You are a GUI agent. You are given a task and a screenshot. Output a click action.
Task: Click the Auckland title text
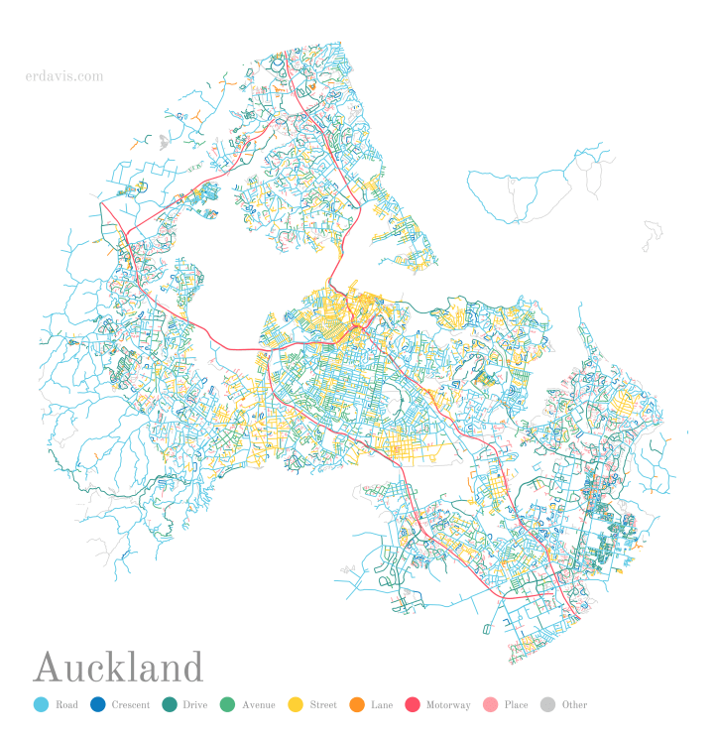click(118, 668)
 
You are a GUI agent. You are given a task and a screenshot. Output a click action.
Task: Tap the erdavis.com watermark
click(64, 75)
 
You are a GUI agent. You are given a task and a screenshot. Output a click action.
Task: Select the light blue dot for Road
click(41, 705)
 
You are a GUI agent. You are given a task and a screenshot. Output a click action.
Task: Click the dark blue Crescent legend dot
click(97, 705)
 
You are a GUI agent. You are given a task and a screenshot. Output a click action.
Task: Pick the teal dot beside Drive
click(169, 705)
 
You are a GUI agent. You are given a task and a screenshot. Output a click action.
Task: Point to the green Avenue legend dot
click(227, 705)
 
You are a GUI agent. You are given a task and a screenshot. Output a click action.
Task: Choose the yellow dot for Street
click(295, 705)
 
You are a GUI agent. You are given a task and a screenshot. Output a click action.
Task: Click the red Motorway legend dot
click(412, 705)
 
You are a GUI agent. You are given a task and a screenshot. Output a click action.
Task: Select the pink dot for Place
click(489, 705)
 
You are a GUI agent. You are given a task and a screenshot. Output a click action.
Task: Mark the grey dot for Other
click(547, 705)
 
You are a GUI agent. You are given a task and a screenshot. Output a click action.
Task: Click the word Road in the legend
click(66, 705)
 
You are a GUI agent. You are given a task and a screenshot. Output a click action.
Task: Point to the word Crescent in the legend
click(131, 705)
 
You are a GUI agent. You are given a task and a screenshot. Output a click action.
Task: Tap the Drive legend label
click(194, 705)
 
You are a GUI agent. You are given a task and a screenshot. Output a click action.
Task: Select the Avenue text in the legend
click(258, 705)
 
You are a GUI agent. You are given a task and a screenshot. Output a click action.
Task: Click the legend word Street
click(322, 705)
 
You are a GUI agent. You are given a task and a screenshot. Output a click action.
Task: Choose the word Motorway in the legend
click(448, 705)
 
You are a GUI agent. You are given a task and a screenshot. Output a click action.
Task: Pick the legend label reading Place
click(516, 705)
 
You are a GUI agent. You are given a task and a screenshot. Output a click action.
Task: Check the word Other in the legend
click(574, 705)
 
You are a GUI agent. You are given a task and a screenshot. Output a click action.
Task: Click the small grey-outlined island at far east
click(652, 236)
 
